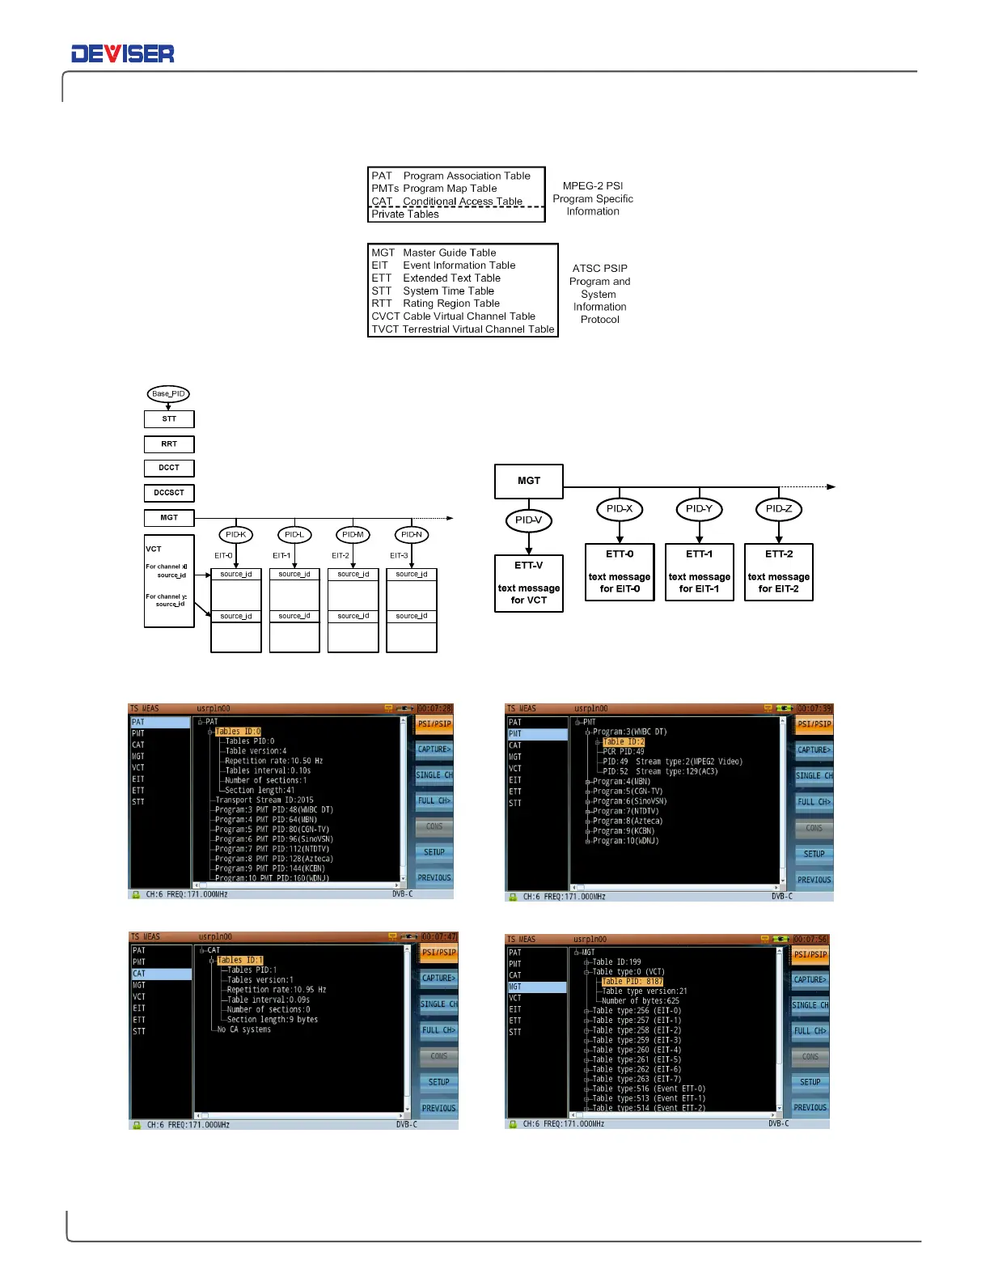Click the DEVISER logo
(123, 54)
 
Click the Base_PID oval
(168, 394)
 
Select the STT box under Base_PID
(169, 419)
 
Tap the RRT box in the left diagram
(169, 444)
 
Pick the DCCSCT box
(169, 493)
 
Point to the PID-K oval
(236, 535)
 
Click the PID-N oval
(412, 535)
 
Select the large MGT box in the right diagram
(529, 481)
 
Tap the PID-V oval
(529, 520)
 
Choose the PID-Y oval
(699, 509)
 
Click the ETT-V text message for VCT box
(529, 583)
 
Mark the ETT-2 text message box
(779, 572)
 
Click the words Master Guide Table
(450, 253)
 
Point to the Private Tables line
(405, 214)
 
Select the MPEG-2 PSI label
(593, 185)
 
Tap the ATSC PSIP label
(600, 268)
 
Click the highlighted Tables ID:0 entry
(238, 732)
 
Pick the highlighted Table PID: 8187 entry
(632, 982)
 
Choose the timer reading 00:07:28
(434, 708)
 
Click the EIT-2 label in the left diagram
(341, 556)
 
